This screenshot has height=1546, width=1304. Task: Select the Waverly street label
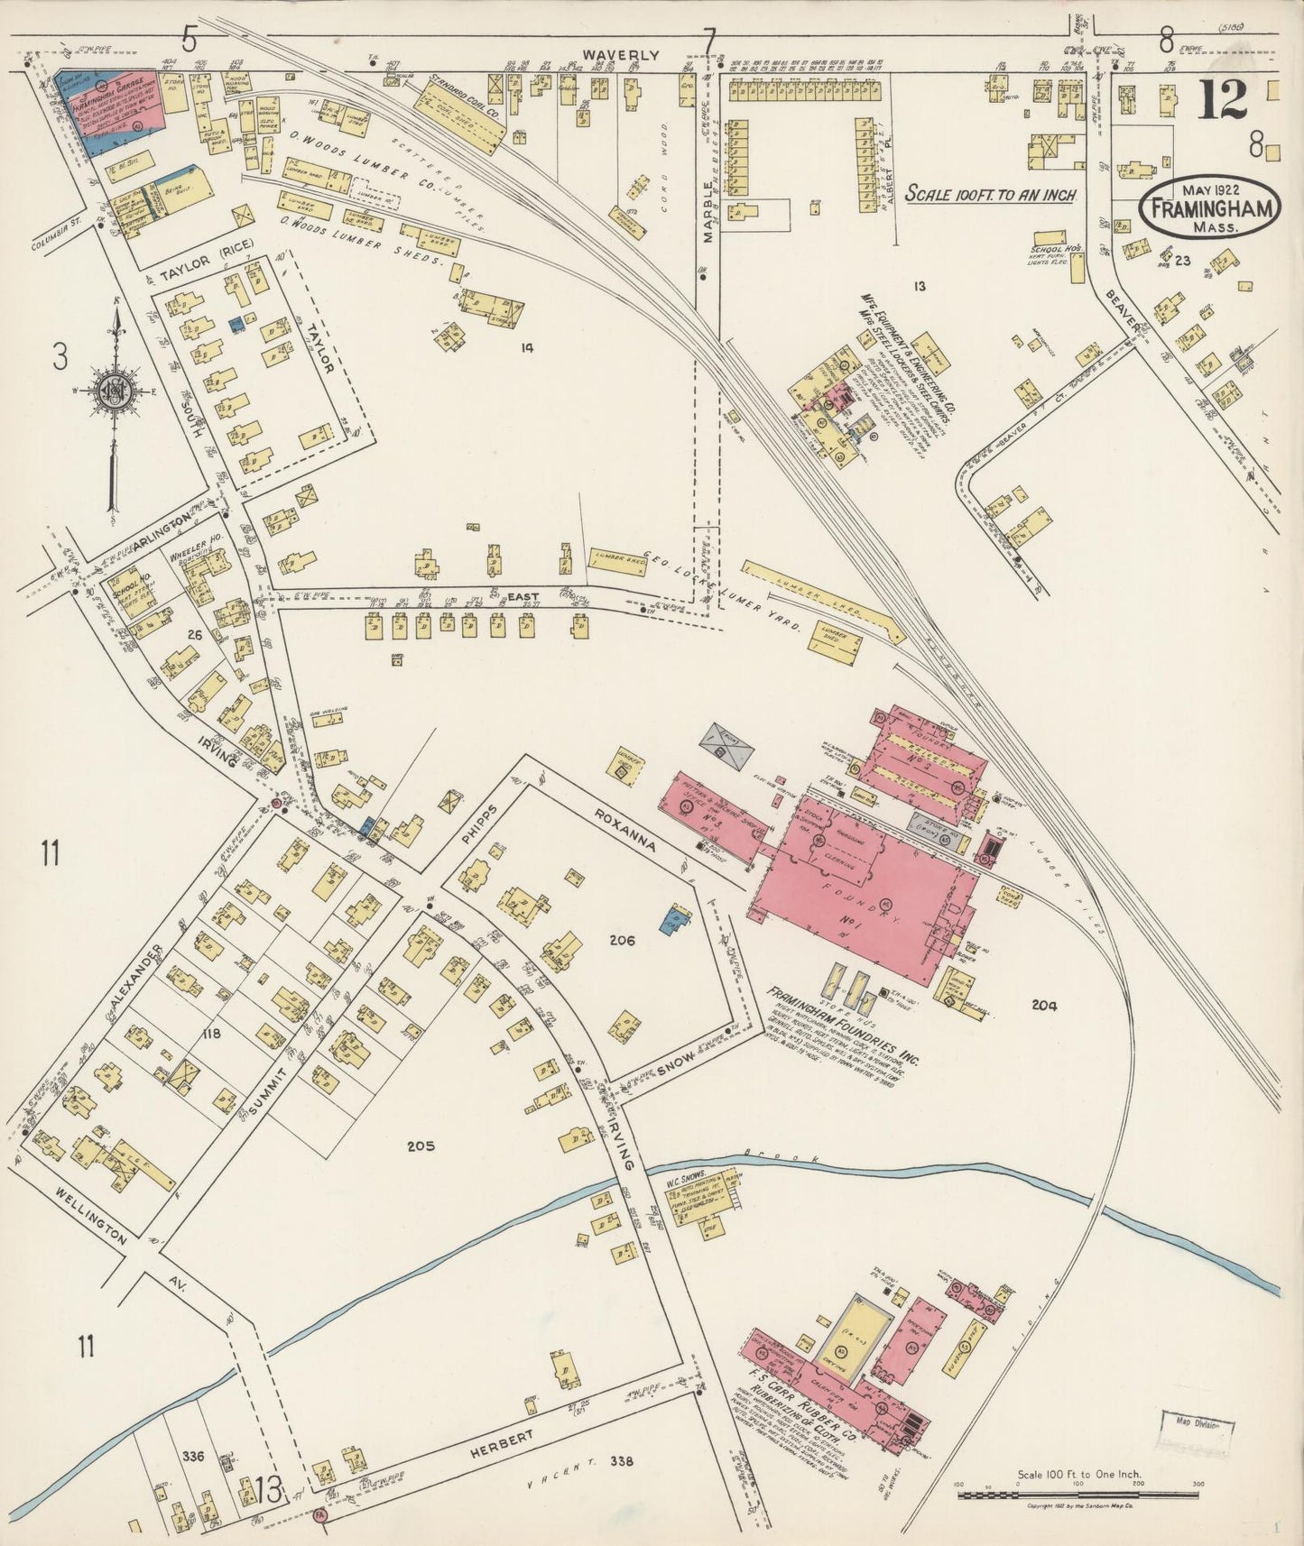(620, 54)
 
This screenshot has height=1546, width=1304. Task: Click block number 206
(622, 940)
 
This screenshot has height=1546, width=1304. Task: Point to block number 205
(421, 1146)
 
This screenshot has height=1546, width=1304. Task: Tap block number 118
(212, 1034)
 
